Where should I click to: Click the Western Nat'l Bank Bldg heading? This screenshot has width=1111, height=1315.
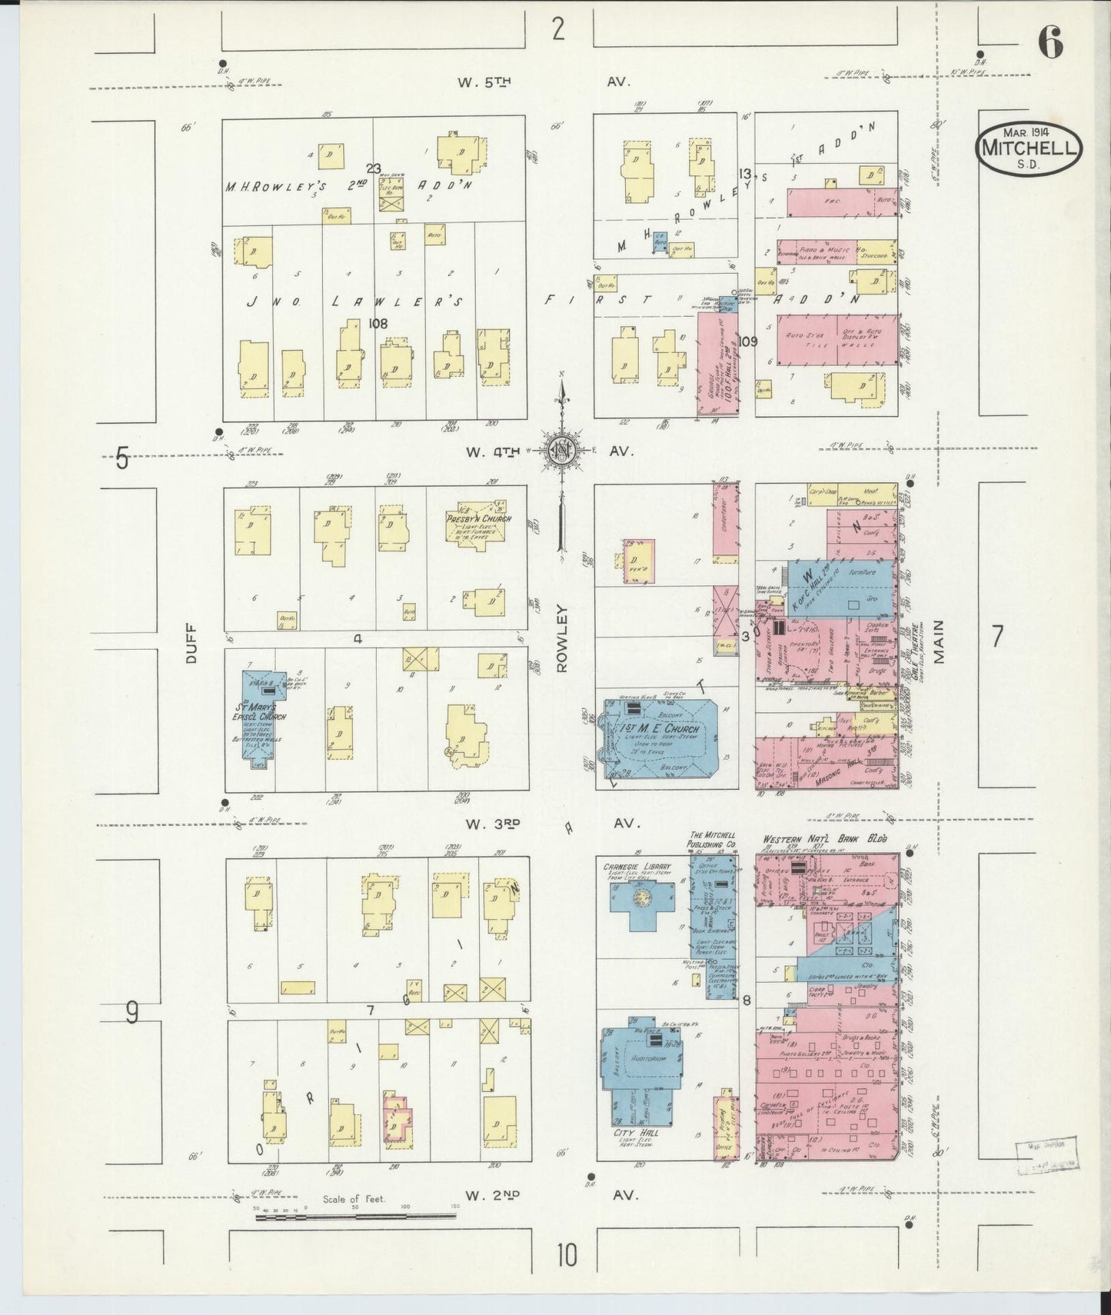pos(824,840)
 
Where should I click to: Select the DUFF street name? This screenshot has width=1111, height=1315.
pos(192,643)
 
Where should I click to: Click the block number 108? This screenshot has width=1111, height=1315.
pos(378,323)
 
